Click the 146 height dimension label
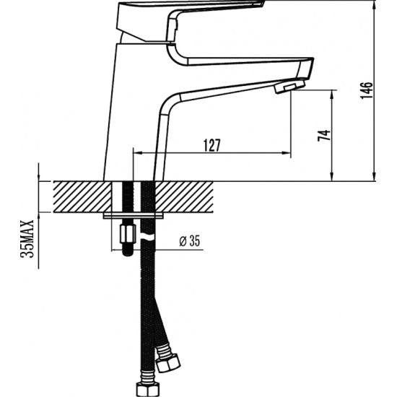point(367,90)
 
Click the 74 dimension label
point(324,136)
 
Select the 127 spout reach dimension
point(212,145)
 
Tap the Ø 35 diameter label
point(190,241)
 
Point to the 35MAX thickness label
point(27,239)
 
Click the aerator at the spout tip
point(289,87)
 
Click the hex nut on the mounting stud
point(127,234)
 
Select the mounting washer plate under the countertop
point(133,216)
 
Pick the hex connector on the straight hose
point(148,390)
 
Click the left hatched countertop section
point(82,197)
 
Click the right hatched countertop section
point(184,197)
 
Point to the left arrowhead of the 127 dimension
point(137,153)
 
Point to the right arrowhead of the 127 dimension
point(286,153)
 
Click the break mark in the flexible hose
point(147,237)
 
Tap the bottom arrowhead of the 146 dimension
point(374,177)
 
